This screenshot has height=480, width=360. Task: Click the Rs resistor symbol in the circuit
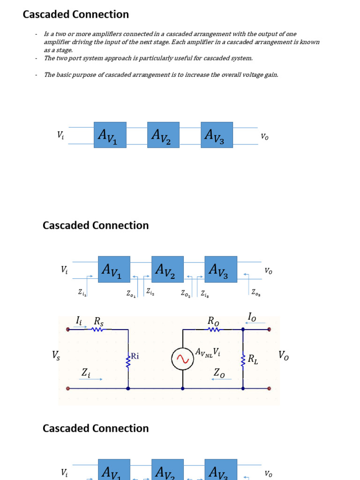97,330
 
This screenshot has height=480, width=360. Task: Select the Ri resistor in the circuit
128,360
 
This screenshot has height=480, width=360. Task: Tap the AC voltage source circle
182,360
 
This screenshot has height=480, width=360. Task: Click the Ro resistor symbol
213,330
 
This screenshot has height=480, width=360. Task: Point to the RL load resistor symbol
243,360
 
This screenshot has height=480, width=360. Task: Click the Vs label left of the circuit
56,356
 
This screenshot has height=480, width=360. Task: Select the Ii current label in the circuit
79,320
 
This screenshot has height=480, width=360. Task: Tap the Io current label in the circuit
252,317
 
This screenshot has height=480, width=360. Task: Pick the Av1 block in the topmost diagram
110,135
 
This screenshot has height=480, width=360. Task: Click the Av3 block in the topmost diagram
217,135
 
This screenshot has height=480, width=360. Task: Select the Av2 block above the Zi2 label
167,269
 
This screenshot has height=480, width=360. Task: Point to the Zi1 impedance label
82,292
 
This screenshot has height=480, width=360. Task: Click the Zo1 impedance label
131,293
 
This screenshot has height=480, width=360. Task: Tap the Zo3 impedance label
256,292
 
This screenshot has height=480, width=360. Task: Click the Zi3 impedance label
205,293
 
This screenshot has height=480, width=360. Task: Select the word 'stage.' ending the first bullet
64,50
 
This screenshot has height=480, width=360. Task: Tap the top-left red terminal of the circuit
68,330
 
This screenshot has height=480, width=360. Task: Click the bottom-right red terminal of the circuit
269,389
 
